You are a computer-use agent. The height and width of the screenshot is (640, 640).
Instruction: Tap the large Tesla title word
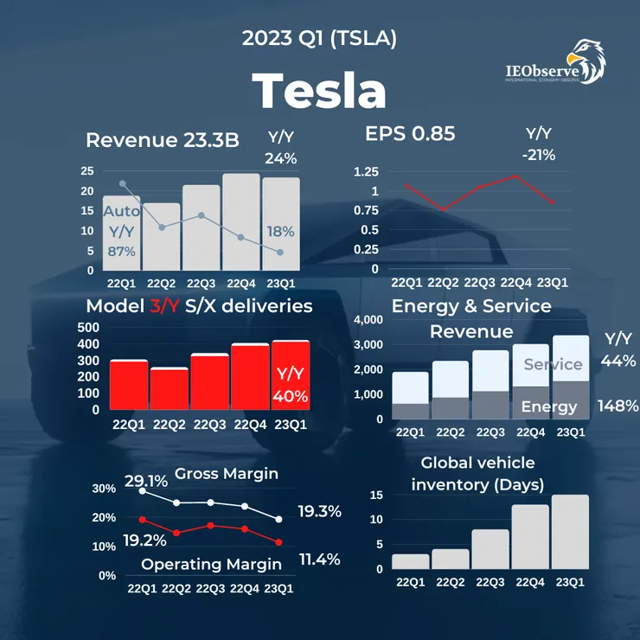point(319,90)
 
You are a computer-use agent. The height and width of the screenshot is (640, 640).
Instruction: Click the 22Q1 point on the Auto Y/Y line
point(122,183)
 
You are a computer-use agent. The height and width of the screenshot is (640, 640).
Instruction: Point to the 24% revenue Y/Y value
point(280,158)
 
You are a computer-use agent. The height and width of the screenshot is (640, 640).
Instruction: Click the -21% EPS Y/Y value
point(539,155)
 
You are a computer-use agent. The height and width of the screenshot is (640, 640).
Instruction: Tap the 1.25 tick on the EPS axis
point(366,171)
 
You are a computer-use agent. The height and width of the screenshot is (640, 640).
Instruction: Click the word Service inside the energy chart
point(553,364)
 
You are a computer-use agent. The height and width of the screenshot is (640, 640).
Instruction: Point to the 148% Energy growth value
point(618,405)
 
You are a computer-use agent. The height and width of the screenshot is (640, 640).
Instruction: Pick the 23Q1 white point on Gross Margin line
point(278,519)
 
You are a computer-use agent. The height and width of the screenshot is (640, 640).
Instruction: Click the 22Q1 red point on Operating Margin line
point(142,519)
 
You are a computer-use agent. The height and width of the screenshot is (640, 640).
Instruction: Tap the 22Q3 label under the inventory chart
point(490,582)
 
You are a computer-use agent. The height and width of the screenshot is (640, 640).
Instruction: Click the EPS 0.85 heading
point(410,134)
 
